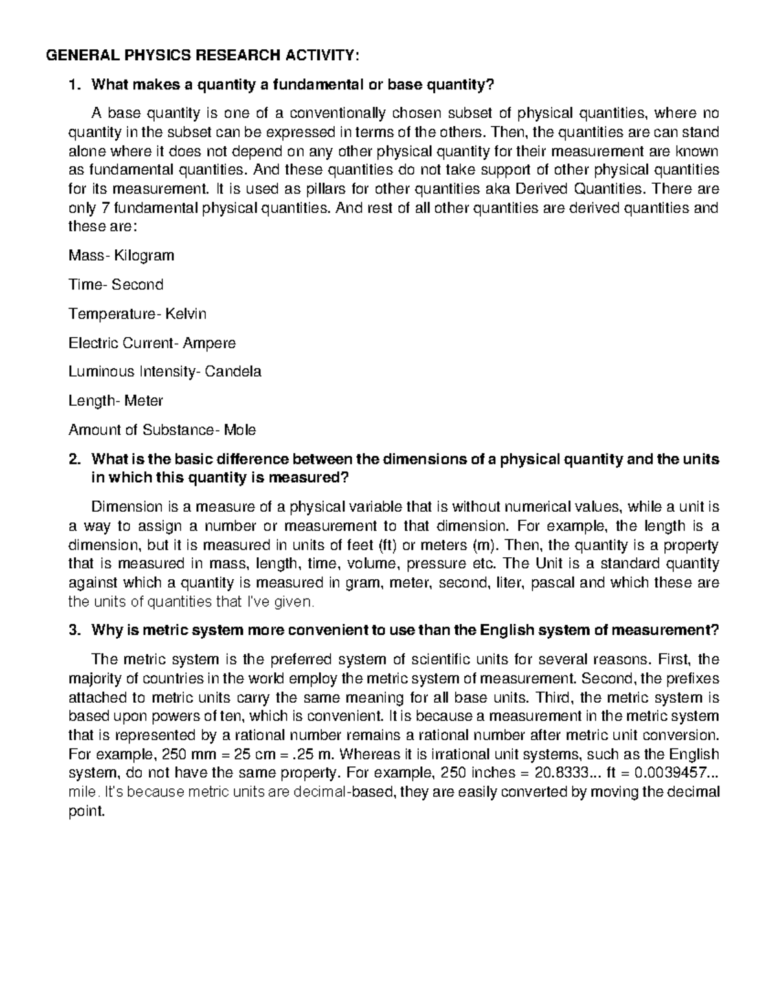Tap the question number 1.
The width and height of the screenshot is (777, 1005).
(74, 84)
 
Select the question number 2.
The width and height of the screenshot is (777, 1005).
(74, 459)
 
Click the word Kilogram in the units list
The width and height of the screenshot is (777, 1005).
(144, 256)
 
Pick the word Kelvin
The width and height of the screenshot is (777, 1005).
(185, 314)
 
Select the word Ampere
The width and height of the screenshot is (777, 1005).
(209, 343)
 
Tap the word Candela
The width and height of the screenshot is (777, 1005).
(233, 372)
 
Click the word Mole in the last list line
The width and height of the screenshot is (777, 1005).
(240, 430)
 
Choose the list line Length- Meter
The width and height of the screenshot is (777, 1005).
(116, 401)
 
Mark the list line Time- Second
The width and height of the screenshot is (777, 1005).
(116, 285)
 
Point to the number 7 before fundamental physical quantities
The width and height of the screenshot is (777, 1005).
(99, 208)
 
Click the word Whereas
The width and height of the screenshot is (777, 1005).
(368, 755)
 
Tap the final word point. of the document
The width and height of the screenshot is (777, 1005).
(86, 812)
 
